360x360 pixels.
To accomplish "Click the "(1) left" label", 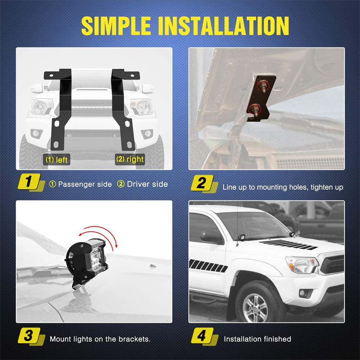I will (56, 159).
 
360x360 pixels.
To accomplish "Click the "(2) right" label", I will (130, 159).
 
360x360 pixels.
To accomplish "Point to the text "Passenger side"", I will (85, 184).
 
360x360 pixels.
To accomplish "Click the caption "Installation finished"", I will (257, 339).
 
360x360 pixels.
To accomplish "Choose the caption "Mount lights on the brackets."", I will (100, 339).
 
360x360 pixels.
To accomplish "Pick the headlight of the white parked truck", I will (301, 265).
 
